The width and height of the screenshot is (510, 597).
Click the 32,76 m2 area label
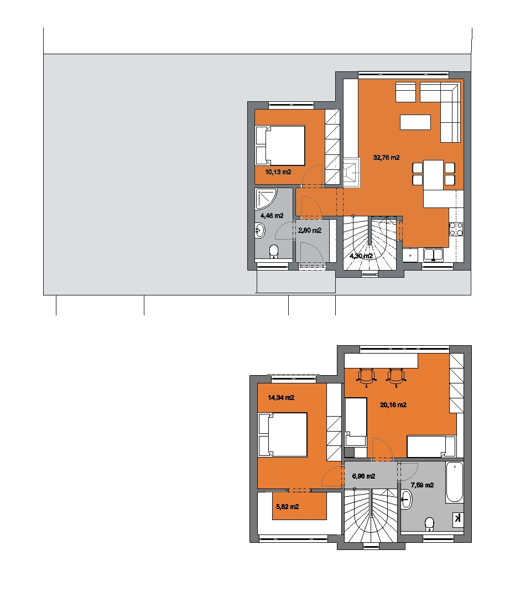386,158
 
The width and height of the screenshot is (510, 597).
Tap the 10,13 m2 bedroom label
278,172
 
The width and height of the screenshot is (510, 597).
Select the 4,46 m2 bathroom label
272,216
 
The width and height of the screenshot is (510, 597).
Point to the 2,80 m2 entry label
310,231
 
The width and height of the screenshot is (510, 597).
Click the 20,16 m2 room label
393,405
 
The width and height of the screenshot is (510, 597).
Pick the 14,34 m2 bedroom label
281,398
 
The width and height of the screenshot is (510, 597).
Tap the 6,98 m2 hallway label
363,476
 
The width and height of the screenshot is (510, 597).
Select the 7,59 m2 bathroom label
422,485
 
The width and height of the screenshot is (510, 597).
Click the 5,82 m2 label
287,507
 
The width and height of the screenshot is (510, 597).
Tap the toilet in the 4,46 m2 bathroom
274,252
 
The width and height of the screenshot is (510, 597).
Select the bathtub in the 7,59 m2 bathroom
455,482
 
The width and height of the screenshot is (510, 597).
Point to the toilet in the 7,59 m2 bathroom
430,524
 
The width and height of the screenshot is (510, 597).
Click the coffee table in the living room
415,122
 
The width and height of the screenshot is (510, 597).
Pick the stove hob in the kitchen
456,229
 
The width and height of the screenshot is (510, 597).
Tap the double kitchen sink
433,255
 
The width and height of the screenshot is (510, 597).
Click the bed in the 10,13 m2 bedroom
280,146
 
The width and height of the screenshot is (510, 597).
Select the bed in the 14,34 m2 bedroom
283,435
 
